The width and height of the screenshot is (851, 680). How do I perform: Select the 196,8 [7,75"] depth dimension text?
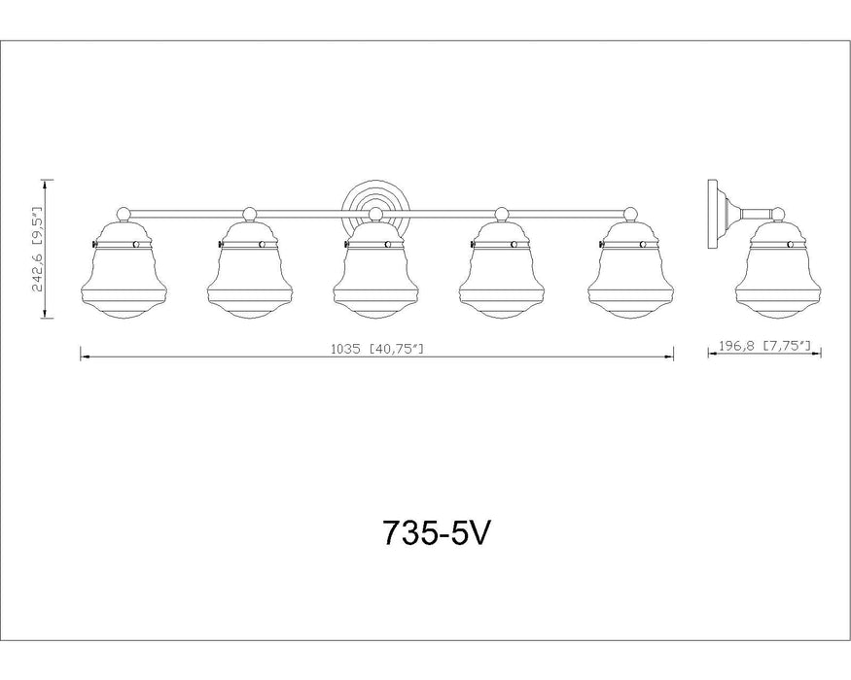pos(764,346)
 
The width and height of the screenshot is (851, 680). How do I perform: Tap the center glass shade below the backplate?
pos(375,272)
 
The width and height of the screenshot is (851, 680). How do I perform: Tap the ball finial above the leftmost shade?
pos(123,213)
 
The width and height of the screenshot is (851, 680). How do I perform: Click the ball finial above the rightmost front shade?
pos(629,213)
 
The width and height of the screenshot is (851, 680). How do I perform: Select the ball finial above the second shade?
pos(249,213)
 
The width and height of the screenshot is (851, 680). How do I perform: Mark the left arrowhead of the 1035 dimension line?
pos(84,358)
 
